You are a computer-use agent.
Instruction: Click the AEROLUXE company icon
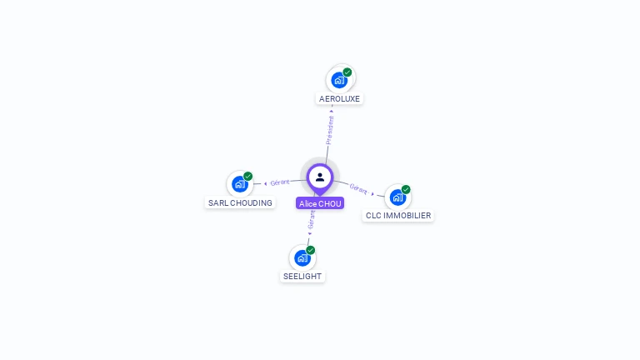point(339,80)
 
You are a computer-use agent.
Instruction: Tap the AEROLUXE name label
point(340,98)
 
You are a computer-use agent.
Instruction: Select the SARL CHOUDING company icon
point(240,184)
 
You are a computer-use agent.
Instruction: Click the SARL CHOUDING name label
point(240,202)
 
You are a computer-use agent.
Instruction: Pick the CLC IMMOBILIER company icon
point(398,197)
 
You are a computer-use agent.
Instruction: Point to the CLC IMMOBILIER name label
point(398,216)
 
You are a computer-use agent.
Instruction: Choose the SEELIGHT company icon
point(302,258)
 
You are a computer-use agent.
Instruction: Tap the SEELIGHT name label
point(302,277)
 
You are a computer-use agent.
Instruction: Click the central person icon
point(320,177)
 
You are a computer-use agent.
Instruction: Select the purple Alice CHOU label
point(320,203)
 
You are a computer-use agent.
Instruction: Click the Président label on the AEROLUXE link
point(330,129)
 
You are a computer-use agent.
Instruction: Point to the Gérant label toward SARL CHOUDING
point(280,182)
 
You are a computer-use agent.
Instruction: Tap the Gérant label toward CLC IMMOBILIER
point(359,189)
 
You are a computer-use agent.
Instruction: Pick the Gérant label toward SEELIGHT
point(312,219)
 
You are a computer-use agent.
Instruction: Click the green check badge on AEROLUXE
point(347,72)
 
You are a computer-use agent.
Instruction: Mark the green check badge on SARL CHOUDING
point(248,177)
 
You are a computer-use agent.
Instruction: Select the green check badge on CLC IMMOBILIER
point(406,189)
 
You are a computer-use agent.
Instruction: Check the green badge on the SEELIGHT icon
point(311,250)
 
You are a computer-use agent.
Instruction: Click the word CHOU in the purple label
point(330,203)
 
